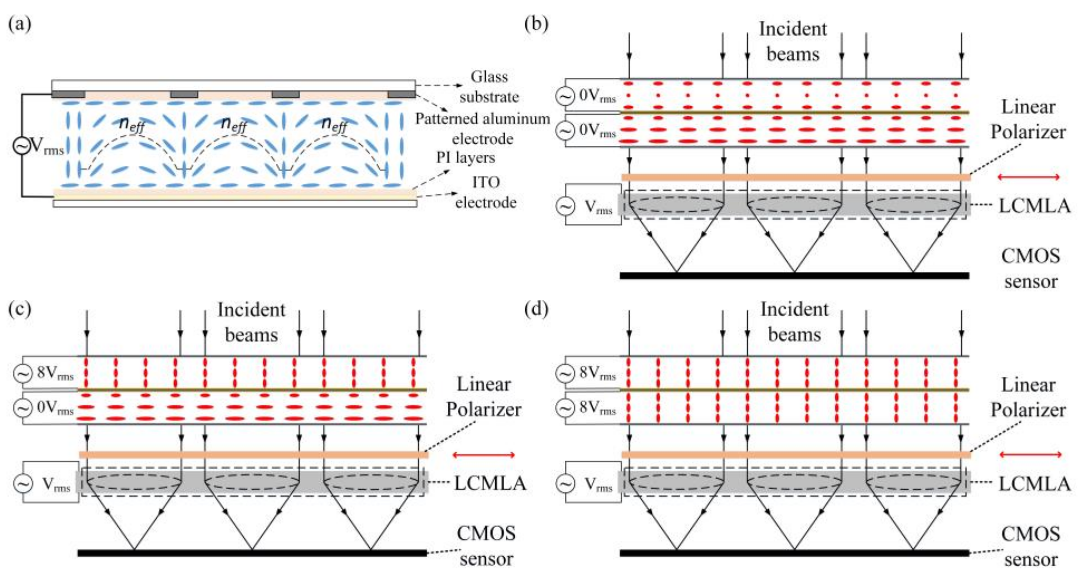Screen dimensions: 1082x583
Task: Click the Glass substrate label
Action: pyautogui.click(x=489, y=87)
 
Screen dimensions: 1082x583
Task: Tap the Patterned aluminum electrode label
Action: pyautogui.click(x=483, y=129)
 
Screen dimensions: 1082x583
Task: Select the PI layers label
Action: pyautogui.click(x=466, y=158)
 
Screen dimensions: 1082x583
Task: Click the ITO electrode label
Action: pyautogui.click(x=486, y=193)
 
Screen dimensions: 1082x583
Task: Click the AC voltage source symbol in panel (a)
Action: pyautogui.click(x=21, y=146)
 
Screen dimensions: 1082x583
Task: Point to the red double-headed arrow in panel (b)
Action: pyautogui.click(x=1028, y=177)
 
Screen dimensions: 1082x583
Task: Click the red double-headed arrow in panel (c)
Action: pyautogui.click(x=484, y=454)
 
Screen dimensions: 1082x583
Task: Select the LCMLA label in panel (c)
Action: pyautogui.click(x=490, y=483)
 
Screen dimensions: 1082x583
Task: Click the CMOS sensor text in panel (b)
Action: pyautogui.click(x=1031, y=268)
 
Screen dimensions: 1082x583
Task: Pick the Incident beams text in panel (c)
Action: pyautogui.click(x=251, y=322)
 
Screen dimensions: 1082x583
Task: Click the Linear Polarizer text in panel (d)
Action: pyautogui.click(x=1028, y=397)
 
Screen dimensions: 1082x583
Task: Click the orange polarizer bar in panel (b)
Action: pyautogui.click(x=796, y=177)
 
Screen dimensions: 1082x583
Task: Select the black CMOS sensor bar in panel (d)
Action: pyautogui.click(x=795, y=553)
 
